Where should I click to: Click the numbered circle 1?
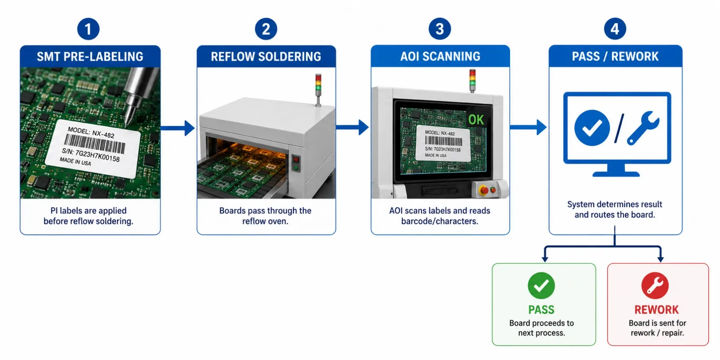88,29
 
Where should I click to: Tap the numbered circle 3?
440,29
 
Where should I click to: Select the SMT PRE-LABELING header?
90,56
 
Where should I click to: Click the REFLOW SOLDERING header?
266,56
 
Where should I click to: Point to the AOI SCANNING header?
440,56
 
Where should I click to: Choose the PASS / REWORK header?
615,56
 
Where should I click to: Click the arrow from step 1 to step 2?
178,128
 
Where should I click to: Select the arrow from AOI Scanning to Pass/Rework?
528,127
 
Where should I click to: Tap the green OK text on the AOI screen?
476,120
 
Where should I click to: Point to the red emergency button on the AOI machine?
484,190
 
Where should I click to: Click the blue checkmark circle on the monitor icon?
592,128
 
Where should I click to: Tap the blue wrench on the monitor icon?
643,127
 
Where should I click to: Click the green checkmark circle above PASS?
541,285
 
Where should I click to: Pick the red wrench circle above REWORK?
655,285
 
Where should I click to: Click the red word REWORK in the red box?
656,310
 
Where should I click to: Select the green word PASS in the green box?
541,310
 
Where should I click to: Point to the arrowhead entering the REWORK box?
661,259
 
